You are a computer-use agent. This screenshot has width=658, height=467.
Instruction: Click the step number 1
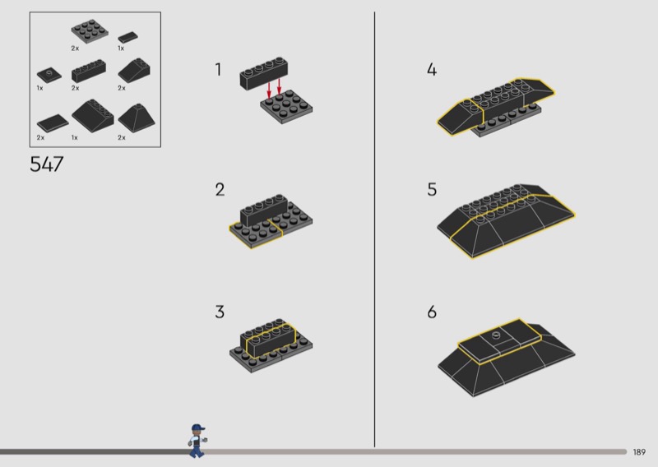[218, 69]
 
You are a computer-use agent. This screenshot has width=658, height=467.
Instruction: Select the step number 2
[220, 190]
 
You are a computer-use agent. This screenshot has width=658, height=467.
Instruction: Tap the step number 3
[220, 312]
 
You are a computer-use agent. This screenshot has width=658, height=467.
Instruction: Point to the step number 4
[432, 69]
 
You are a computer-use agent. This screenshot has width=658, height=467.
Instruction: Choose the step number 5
[433, 190]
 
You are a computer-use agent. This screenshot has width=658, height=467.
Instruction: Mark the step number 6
[433, 312]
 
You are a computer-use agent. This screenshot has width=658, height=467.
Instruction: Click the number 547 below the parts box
[47, 164]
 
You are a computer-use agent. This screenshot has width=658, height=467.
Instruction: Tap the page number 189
[639, 452]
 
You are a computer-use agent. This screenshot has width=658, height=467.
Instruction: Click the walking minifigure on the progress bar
[197, 441]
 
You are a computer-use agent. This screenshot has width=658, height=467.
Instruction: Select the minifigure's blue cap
[198, 428]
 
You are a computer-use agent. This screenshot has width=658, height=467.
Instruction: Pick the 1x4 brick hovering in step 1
[264, 73]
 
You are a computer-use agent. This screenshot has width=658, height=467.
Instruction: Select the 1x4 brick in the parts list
[89, 71]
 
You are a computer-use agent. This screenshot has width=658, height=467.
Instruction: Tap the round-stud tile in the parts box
[49, 75]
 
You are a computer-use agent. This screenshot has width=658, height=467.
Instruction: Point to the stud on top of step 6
[496, 335]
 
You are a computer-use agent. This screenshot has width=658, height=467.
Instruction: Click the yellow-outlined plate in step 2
[256, 234]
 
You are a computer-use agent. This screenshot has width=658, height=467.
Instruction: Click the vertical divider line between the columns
[375, 229]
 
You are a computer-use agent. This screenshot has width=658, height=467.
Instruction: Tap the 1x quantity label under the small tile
[121, 49]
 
